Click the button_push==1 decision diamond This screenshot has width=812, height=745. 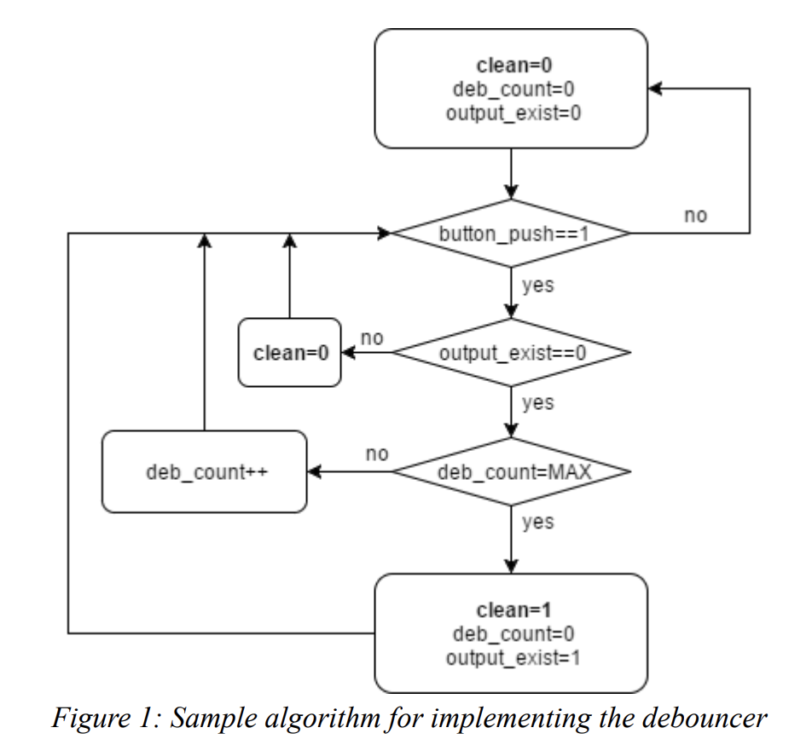[x=511, y=234]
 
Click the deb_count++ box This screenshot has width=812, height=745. [x=204, y=472]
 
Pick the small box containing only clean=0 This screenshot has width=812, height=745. [x=289, y=353]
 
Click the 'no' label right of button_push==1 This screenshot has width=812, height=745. [x=695, y=216]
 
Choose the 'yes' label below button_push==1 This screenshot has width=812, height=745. [x=538, y=285]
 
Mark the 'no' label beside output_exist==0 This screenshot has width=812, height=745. [x=372, y=338]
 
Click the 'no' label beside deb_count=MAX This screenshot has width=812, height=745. [x=376, y=454]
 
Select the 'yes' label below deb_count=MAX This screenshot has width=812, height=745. [x=538, y=522]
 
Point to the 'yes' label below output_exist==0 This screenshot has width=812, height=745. [x=538, y=402]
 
